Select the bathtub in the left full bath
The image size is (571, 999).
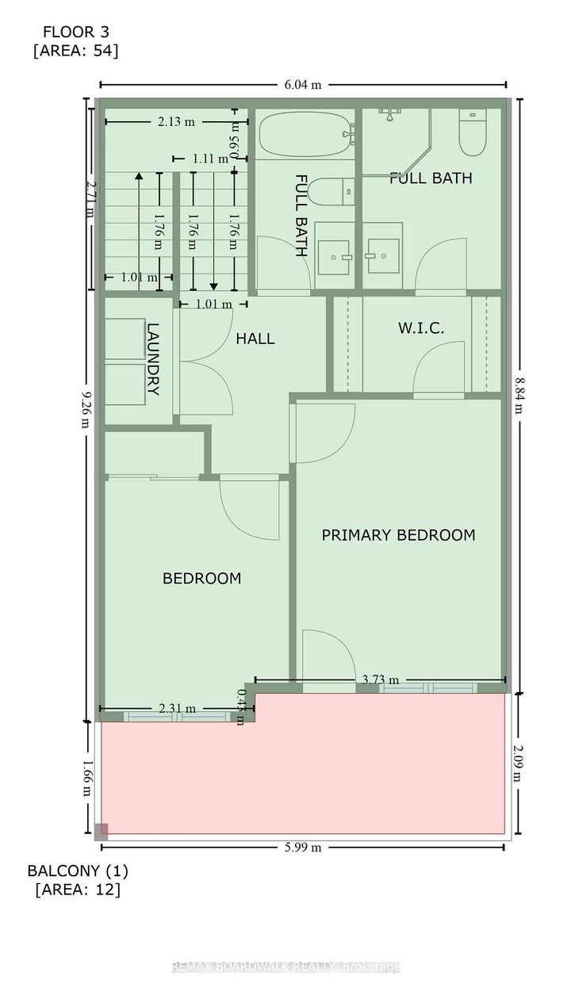pyautogui.click(x=305, y=136)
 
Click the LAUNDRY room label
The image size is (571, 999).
pyautogui.click(x=153, y=358)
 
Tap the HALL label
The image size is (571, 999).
pyautogui.click(x=255, y=339)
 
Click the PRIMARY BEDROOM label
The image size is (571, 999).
pyautogui.click(x=398, y=535)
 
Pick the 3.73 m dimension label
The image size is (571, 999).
pyautogui.click(x=380, y=679)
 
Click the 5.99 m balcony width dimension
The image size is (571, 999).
pyautogui.click(x=302, y=847)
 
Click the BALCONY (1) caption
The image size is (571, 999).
pyautogui.click(x=78, y=870)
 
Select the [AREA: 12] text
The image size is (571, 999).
pyautogui.click(x=78, y=890)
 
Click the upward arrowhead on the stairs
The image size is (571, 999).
pyautogui.click(x=139, y=177)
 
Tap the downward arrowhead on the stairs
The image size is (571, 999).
pyautogui.click(x=213, y=285)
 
